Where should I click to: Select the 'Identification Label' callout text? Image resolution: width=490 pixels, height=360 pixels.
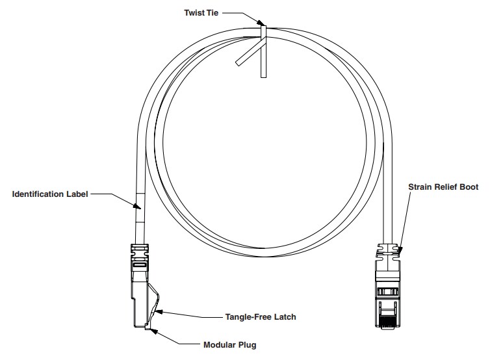click(x=50, y=194)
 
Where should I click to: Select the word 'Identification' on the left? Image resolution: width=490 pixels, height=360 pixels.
click(x=37, y=194)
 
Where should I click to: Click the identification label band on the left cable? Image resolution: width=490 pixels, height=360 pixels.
click(x=137, y=208)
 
